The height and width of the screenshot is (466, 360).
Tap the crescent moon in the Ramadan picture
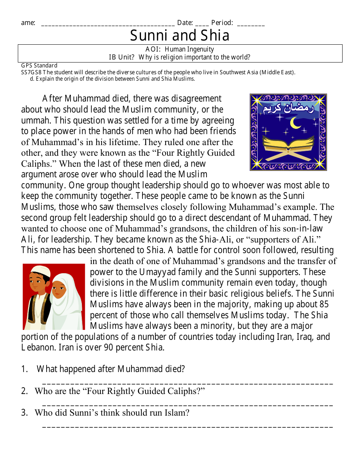(295, 123)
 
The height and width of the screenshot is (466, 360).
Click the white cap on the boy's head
(40, 271)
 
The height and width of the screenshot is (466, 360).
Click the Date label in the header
(185, 23)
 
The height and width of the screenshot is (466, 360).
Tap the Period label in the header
(222, 23)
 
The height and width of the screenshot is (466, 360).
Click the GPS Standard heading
(39, 66)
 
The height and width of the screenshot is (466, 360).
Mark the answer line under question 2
(188, 405)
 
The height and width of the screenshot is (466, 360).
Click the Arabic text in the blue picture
(288, 109)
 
